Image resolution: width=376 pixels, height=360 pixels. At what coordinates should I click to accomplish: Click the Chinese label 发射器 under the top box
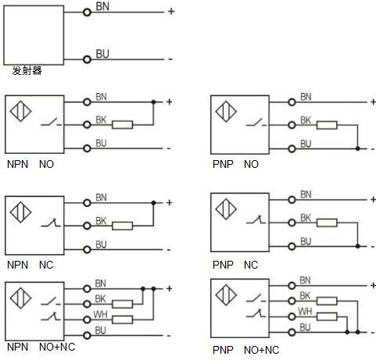[x=27, y=70]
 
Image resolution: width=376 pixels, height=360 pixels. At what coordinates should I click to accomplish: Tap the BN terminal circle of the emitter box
[x=87, y=12]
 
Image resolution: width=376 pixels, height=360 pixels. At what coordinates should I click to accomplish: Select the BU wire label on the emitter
[x=102, y=54]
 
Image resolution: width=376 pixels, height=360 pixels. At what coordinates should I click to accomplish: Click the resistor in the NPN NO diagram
[x=123, y=125]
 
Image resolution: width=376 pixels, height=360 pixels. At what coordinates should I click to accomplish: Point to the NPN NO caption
[x=30, y=164]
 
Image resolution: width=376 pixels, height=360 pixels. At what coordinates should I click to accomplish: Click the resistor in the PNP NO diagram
[x=327, y=125]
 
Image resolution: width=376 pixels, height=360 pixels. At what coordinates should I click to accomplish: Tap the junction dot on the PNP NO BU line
[x=358, y=148]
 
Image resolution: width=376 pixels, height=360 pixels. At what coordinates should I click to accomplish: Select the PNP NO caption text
[x=235, y=164]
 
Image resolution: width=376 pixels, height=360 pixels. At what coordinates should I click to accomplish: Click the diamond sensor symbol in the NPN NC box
[x=20, y=212]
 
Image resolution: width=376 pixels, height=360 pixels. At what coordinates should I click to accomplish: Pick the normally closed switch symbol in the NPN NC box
[x=51, y=223]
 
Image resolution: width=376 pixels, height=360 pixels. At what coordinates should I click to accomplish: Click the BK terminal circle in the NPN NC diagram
[x=87, y=226]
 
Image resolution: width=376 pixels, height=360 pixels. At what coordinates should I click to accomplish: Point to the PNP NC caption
[x=235, y=265]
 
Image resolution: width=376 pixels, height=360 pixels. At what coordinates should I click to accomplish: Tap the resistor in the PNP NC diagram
[x=327, y=223]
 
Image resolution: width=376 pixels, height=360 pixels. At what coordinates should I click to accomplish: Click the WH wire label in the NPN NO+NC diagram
[x=100, y=315]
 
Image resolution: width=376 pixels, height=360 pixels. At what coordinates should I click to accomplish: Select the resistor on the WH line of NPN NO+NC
[x=123, y=319]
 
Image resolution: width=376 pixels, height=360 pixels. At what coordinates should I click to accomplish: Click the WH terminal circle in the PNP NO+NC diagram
[x=292, y=317]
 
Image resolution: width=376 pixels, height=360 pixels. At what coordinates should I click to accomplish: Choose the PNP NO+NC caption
[x=245, y=350]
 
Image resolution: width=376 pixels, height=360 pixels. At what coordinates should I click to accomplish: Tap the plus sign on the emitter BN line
[x=171, y=12]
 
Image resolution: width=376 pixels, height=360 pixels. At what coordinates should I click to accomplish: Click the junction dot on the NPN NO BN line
[x=153, y=102]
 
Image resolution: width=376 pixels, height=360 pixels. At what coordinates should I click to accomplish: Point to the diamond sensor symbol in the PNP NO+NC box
[x=226, y=295]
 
